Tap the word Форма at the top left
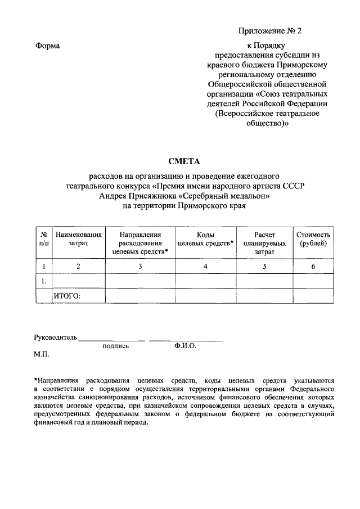[47, 46]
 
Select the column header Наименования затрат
[78, 239]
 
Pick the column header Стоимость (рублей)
[313, 239]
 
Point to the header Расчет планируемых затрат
[264, 244]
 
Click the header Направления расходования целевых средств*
[141, 244]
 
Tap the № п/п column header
[43, 239]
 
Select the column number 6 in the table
[313, 266]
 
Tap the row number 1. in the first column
[43, 280]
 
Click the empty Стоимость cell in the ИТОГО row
[313, 295]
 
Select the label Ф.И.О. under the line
[185, 346]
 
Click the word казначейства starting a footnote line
[56, 397]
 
